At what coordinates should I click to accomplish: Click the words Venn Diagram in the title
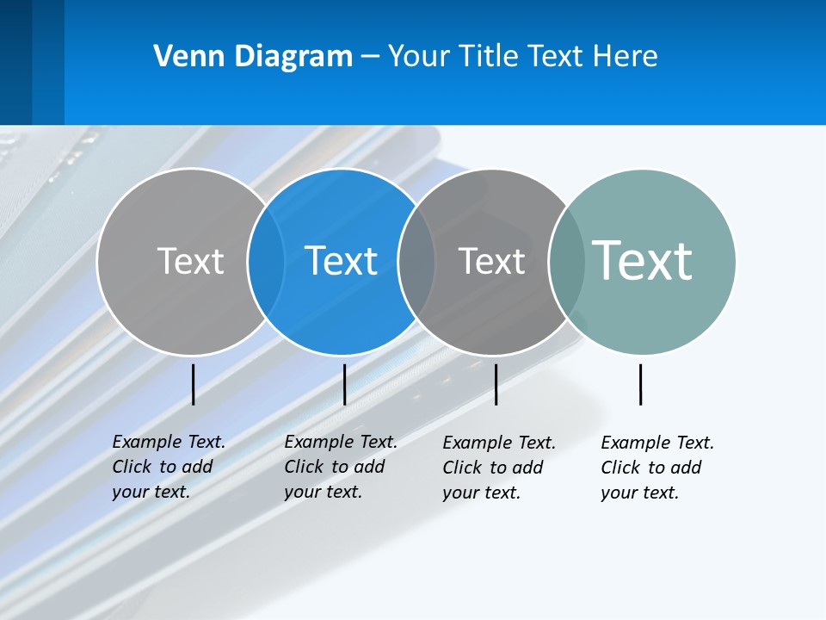[x=253, y=57]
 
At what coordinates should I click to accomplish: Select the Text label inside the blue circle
[x=341, y=261]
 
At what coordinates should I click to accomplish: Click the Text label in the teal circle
[x=642, y=260]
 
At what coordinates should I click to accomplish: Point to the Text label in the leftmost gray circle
[x=190, y=261]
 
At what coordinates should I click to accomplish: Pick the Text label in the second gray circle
[x=491, y=261]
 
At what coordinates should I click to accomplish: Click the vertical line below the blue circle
[x=344, y=384]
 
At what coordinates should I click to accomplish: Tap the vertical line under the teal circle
[x=640, y=384]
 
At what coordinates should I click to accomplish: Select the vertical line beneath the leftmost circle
[x=194, y=384]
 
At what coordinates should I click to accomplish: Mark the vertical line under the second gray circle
[x=496, y=384]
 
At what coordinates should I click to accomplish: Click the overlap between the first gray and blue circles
[x=266, y=261]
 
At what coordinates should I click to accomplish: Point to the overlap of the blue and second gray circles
[x=416, y=261]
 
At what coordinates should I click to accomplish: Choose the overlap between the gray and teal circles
[x=567, y=261]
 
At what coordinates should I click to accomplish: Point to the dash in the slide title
[x=370, y=57]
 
